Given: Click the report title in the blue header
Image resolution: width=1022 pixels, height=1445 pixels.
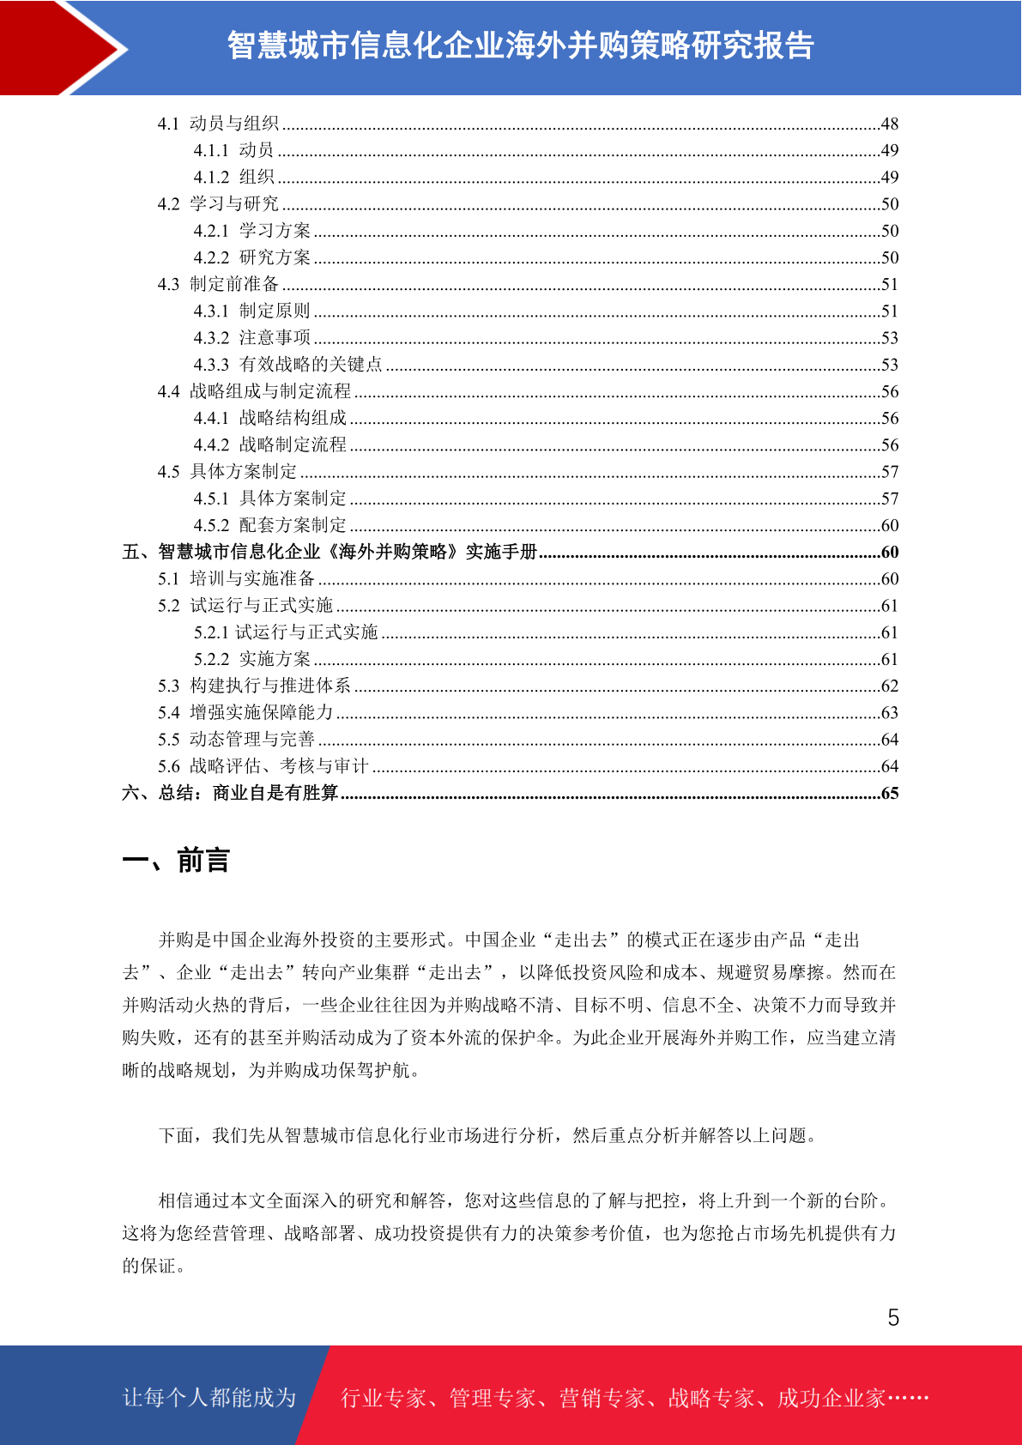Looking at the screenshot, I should click(520, 45).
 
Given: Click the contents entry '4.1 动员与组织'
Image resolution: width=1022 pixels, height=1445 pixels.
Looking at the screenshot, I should click(218, 124).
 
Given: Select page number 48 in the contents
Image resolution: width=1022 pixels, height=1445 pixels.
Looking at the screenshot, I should click(889, 124).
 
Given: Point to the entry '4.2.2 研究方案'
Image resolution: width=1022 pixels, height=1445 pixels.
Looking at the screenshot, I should click(251, 257).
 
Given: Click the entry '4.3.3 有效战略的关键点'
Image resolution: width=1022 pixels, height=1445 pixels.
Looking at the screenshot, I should click(287, 365).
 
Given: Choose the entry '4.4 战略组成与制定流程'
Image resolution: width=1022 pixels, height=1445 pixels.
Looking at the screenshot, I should click(254, 391).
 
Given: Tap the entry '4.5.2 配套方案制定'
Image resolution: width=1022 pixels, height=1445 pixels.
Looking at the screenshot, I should click(269, 525).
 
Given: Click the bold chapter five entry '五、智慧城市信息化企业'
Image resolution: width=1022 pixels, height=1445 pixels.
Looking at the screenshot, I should click(330, 552).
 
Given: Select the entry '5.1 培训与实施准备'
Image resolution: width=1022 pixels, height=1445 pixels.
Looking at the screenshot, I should click(236, 578).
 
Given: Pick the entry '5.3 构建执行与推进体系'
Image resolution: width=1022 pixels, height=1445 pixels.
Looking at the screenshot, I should click(254, 686).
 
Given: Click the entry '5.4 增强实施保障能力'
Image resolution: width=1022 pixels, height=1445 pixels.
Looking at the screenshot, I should click(245, 712).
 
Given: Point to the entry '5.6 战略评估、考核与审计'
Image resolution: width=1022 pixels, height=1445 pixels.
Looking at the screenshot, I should click(263, 766).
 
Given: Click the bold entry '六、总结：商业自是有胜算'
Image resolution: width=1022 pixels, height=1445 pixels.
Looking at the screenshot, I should click(230, 793).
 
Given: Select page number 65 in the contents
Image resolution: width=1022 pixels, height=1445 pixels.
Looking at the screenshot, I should click(889, 793).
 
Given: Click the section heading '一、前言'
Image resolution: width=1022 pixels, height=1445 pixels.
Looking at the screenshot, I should click(176, 860).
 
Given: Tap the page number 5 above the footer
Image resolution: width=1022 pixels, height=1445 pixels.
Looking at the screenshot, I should click(893, 1317).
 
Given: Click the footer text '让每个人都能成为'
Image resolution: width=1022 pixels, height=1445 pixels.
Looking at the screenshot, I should click(209, 1397).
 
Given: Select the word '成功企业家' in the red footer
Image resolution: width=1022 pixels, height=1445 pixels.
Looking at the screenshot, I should click(831, 1398).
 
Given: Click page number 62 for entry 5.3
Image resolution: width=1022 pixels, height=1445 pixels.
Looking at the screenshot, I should click(889, 686).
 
